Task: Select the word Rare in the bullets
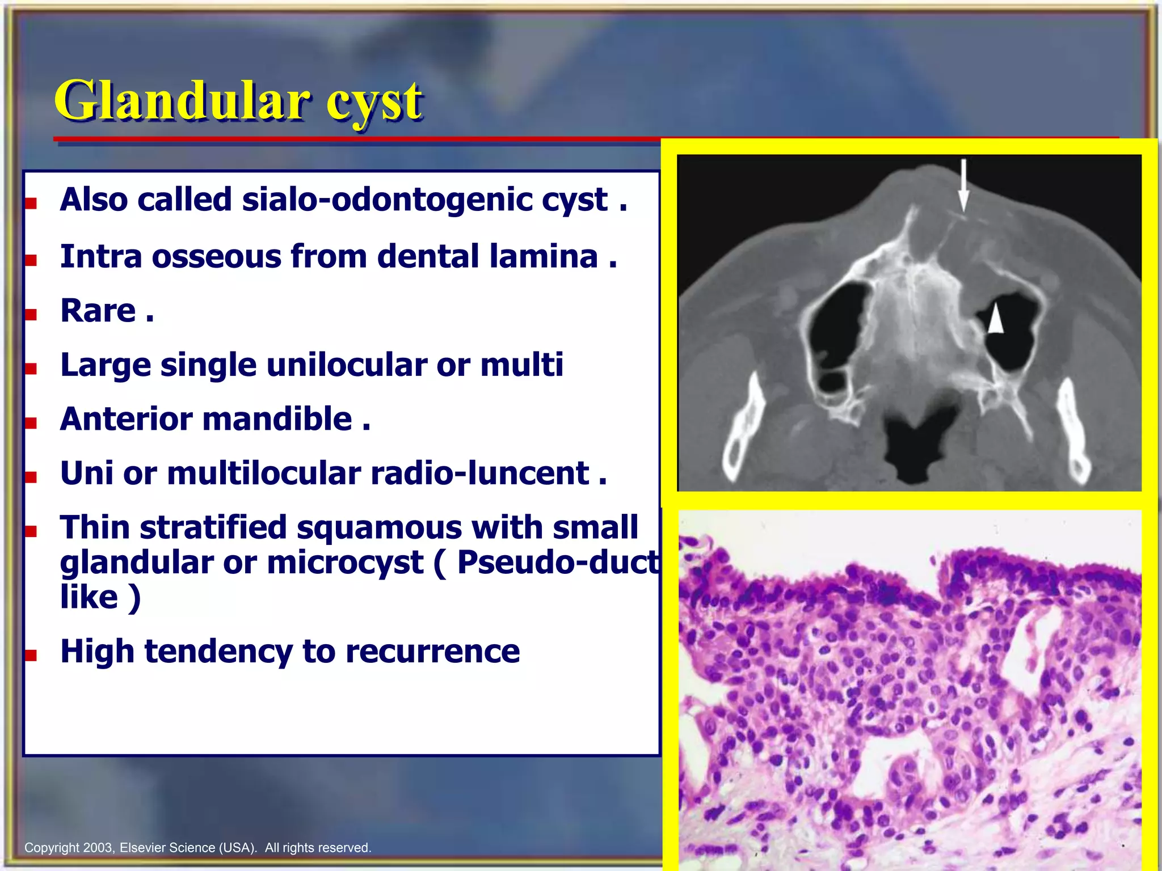[98, 311]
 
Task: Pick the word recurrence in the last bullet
[432, 651]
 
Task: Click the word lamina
[544, 256]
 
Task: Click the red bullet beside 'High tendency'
[31, 656]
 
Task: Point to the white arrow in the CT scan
[963, 185]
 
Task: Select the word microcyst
[345, 563]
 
